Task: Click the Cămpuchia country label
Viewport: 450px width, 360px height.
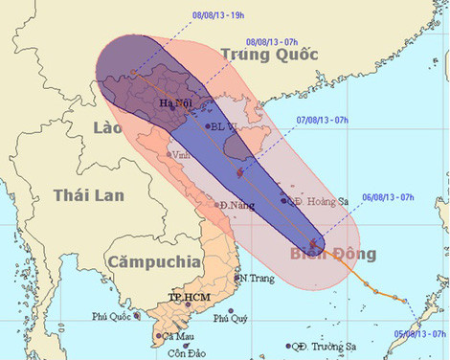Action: click(x=153, y=260)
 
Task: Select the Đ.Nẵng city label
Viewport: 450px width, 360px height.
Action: click(x=235, y=206)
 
